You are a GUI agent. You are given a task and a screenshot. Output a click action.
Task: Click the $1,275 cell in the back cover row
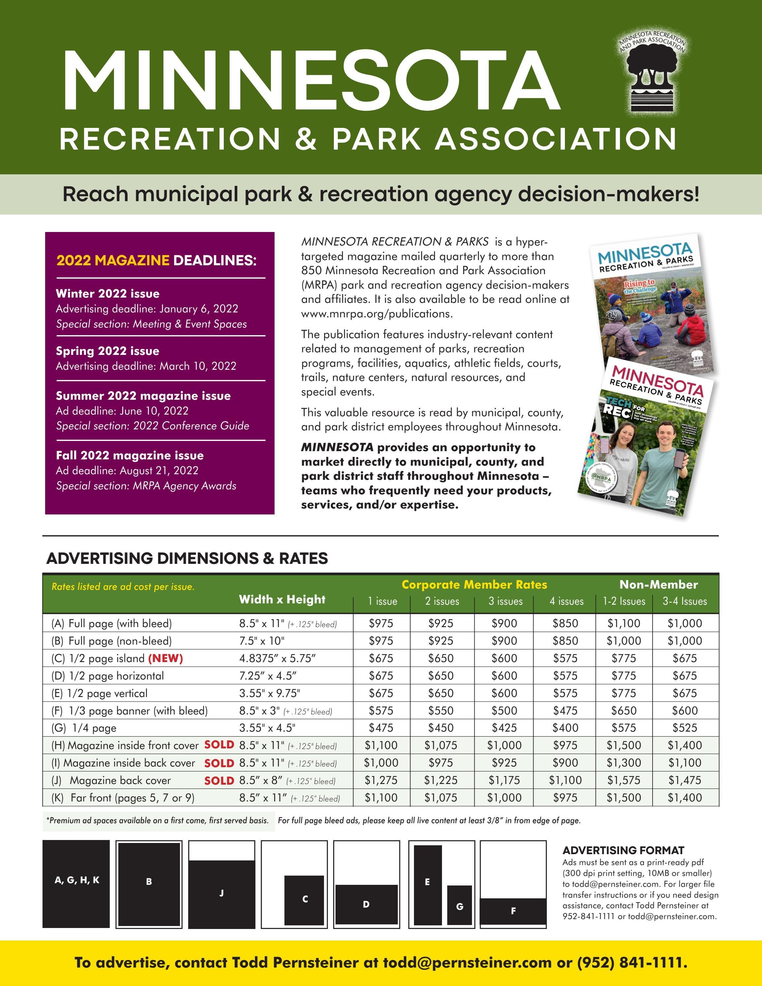[x=381, y=780]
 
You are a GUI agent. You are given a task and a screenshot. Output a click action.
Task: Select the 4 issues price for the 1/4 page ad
[x=565, y=727]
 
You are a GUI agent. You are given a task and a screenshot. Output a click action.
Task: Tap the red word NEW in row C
[x=165, y=658]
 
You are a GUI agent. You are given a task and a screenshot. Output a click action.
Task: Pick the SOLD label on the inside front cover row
[x=219, y=744]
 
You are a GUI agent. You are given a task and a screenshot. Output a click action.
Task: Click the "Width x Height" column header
[x=282, y=599]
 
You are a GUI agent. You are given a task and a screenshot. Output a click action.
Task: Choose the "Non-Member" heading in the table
[x=658, y=585]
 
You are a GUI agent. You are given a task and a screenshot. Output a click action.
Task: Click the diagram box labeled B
[x=149, y=884]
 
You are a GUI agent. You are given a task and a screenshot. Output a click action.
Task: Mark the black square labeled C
[x=304, y=900]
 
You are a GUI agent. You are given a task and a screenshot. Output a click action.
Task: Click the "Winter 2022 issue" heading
[x=107, y=293]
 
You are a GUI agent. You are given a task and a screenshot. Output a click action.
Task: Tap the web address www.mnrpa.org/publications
[x=376, y=313]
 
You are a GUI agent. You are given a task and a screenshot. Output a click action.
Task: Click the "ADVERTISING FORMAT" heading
[x=623, y=851]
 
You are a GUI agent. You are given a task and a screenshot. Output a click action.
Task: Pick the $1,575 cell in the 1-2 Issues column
[x=624, y=780]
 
